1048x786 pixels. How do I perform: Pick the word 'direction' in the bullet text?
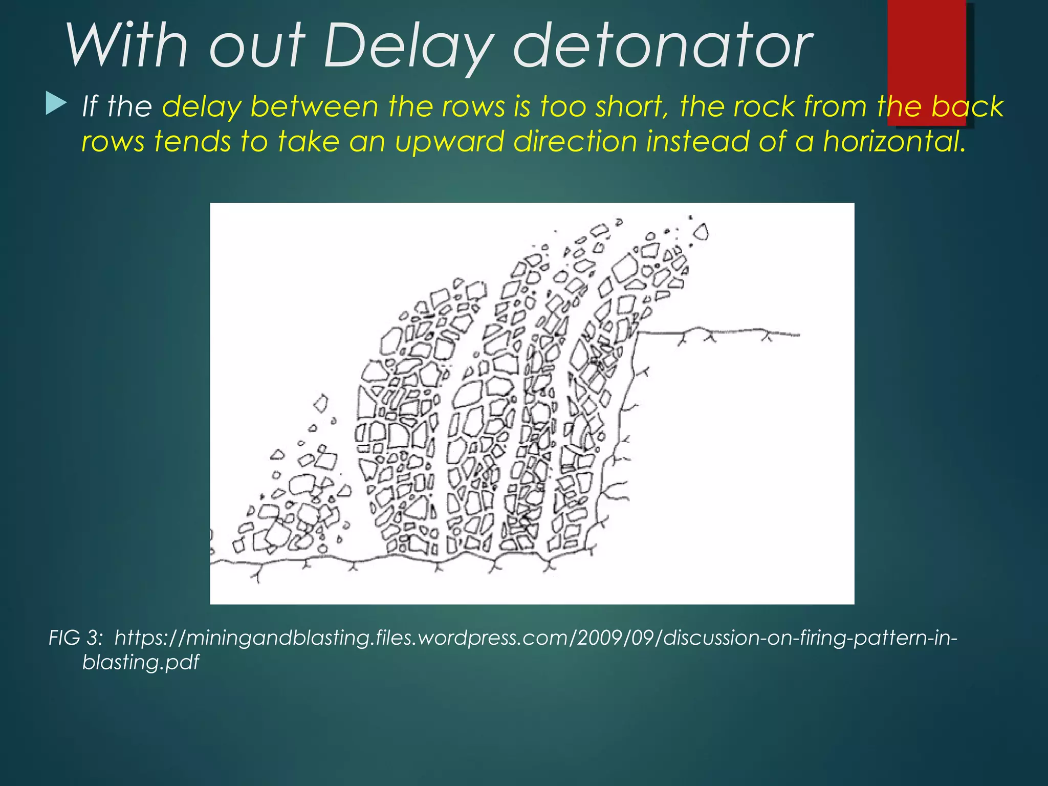tap(575, 141)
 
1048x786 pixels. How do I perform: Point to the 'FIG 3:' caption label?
tap(76, 638)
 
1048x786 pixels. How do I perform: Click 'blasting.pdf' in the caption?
tap(141, 663)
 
